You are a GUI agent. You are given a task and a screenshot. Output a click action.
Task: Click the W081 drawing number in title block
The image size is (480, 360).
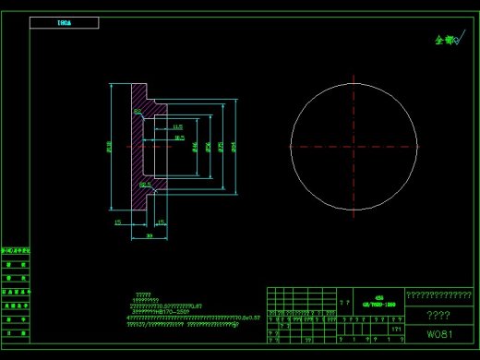(x=438, y=333)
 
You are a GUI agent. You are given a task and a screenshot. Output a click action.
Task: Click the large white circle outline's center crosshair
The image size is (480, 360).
(x=354, y=145)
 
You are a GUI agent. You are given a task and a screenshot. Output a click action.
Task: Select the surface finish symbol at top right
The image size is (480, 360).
(x=447, y=40)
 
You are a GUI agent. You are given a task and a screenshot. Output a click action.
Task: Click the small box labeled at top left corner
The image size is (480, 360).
(x=64, y=22)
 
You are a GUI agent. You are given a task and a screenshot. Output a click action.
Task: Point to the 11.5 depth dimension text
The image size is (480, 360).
(x=177, y=126)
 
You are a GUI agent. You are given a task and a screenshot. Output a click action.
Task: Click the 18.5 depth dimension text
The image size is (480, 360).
(x=179, y=138)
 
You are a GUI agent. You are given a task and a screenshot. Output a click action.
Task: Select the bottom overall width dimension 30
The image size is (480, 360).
(x=150, y=236)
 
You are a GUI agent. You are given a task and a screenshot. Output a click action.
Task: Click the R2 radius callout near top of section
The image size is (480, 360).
(x=138, y=111)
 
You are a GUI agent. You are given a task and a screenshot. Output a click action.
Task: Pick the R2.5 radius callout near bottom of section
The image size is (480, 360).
(x=145, y=185)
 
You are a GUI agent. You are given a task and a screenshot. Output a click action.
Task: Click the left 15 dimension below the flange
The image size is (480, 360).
(x=117, y=222)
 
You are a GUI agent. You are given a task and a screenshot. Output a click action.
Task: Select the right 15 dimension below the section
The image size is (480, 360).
(x=161, y=222)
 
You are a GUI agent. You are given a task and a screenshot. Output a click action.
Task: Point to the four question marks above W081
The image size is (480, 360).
(x=438, y=315)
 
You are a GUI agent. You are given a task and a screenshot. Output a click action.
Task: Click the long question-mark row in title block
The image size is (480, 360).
(x=438, y=295)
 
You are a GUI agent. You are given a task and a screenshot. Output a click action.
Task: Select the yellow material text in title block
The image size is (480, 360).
(x=378, y=301)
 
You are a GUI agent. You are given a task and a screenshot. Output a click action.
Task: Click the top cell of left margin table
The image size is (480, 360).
(x=16, y=250)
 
